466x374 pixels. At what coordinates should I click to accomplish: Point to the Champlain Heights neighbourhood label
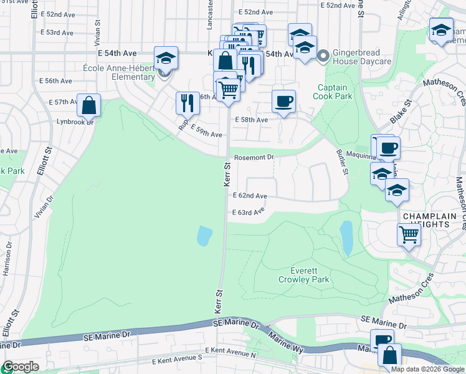(x=434, y=220)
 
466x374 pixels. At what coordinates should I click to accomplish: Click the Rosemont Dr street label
(x=254, y=158)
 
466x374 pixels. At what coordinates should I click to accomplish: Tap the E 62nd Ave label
(x=250, y=196)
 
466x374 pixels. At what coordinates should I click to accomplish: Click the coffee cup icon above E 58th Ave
(x=283, y=101)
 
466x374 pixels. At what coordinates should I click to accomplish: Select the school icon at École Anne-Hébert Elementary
(x=166, y=58)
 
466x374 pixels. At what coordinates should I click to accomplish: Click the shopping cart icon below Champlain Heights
(x=409, y=235)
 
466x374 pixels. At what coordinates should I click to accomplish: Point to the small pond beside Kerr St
(x=204, y=236)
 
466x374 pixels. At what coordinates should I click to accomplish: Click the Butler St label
(x=341, y=161)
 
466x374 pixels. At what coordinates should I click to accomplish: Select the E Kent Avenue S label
(x=178, y=358)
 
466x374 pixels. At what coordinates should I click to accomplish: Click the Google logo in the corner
(x=20, y=367)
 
